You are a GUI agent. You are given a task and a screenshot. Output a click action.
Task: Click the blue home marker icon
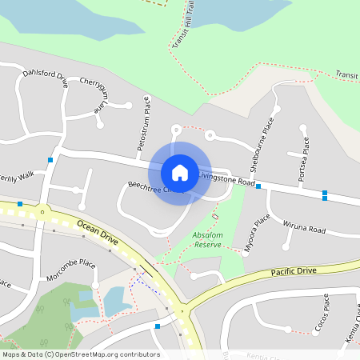[x=180, y=172]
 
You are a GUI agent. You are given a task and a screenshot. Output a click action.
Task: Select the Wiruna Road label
[x=306, y=226]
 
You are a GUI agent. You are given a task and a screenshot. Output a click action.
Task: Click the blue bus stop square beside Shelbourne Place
[x=258, y=186]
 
